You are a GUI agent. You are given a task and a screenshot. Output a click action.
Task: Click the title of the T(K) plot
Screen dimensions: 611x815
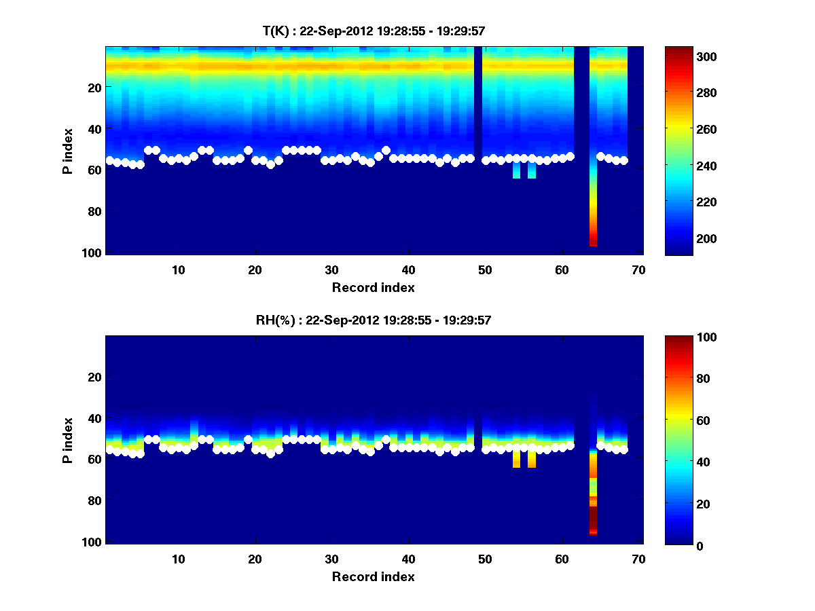(374, 31)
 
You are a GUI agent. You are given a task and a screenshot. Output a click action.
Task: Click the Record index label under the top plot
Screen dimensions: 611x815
(373, 287)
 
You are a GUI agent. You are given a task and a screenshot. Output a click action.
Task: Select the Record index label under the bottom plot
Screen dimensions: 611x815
(373, 576)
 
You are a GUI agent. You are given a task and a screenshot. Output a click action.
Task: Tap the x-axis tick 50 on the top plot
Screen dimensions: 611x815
(485, 269)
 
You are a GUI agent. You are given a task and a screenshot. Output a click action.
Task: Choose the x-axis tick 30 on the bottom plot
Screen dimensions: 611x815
(331, 558)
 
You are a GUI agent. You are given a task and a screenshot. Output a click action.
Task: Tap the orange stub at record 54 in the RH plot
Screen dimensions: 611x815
(516, 459)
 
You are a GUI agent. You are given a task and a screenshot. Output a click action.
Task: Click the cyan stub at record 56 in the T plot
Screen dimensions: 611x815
(532, 170)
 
